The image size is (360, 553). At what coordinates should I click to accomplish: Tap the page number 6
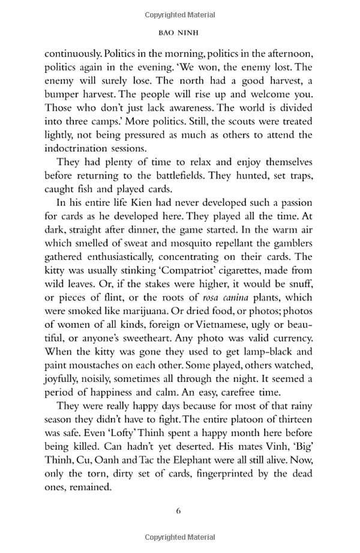[179, 511]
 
